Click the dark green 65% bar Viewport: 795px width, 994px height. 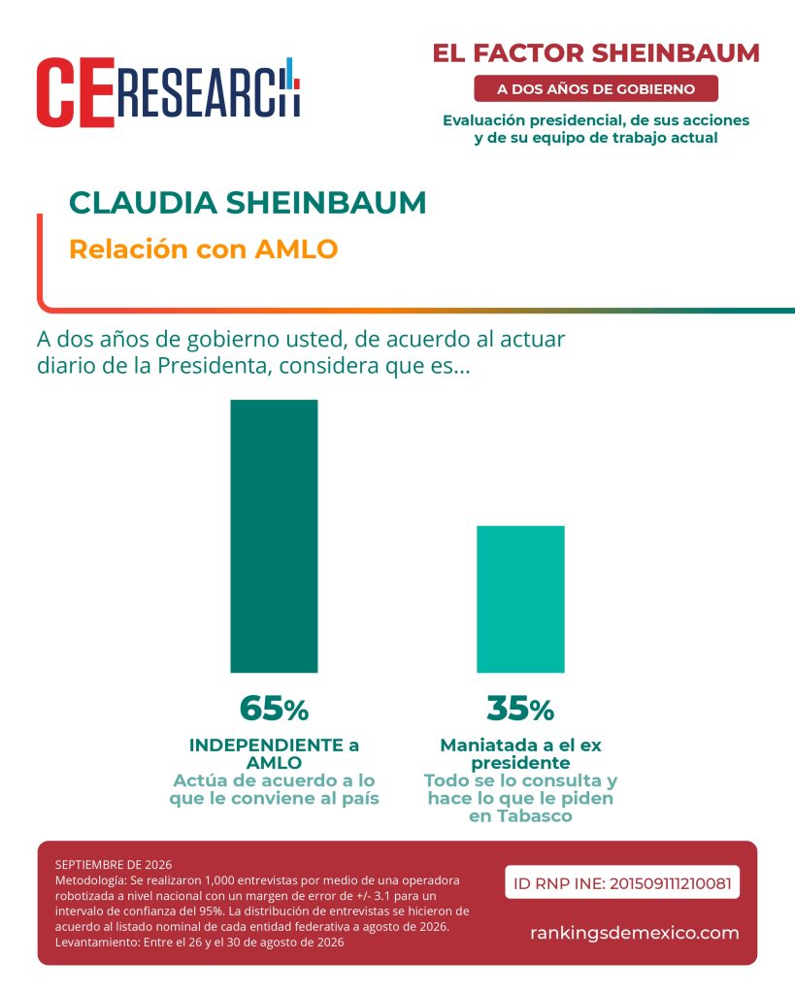pos(274,536)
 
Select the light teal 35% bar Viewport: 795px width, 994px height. pos(520,599)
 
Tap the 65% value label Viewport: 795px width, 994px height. pos(274,708)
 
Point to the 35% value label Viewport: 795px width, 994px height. pos(520,708)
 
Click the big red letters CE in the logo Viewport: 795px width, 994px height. pos(76,92)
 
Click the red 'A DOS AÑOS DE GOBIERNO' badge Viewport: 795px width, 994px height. pos(596,88)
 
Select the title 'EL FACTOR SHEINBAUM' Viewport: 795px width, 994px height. pos(596,53)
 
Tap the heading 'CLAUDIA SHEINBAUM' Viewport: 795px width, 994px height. pos(248,203)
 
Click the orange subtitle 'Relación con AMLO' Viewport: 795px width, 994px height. pos(204,249)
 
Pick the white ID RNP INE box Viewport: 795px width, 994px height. pos(622,882)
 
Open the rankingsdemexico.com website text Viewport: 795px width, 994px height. pos(635,933)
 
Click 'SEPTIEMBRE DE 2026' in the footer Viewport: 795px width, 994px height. pos(114,865)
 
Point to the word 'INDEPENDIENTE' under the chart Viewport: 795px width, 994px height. pos(266,745)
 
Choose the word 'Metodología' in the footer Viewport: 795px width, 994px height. pos(90,880)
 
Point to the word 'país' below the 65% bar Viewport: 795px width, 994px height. pos(360,798)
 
